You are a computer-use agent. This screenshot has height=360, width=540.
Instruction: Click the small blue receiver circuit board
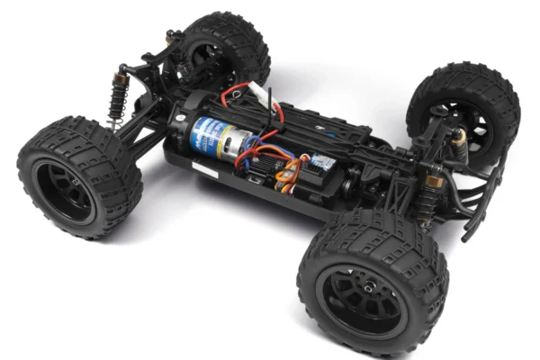coord(321,162)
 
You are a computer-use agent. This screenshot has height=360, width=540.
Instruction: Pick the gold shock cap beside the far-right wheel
coord(458,136)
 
